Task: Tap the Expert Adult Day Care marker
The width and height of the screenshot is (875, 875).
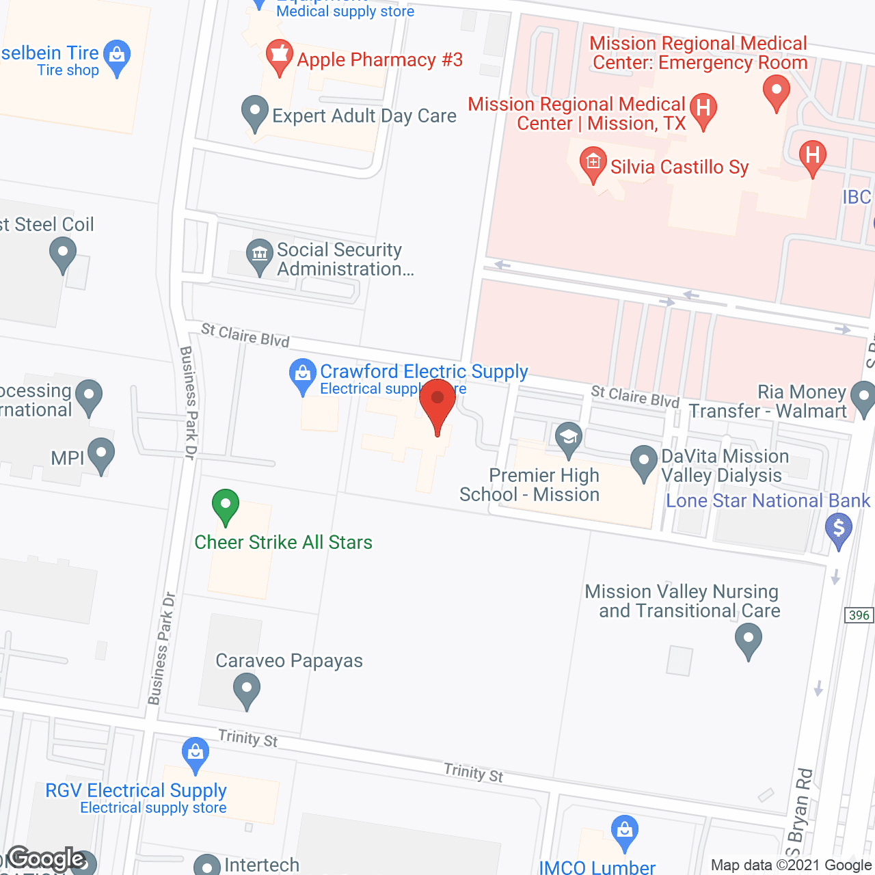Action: click(255, 112)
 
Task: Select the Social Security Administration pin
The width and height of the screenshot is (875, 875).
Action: click(260, 255)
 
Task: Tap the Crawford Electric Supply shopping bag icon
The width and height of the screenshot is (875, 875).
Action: click(302, 375)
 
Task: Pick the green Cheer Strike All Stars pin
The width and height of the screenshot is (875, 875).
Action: click(226, 506)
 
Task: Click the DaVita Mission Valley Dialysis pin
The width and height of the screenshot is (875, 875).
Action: click(643, 461)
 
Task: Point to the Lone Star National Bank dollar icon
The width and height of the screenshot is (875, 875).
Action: click(839, 529)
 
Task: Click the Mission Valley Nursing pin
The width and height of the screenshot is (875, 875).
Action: click(749, 641)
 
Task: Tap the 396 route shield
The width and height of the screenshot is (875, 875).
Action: click(859, 615)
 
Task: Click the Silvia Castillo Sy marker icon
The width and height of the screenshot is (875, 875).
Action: click(593, 163)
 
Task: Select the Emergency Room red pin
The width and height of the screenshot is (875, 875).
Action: click(776, 91)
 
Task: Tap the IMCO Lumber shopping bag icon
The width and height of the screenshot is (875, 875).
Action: click(624, 831)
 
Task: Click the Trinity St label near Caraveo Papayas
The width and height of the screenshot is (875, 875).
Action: click(248, 738)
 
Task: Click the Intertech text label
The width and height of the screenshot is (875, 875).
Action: click(262, 865)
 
